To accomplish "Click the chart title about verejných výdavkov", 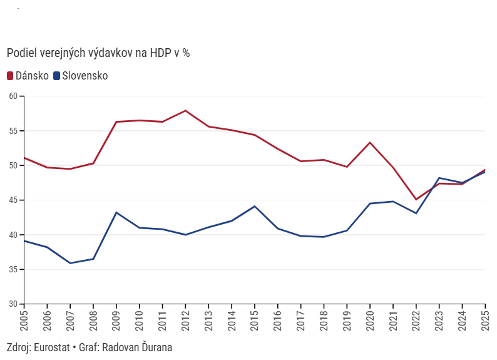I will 98,53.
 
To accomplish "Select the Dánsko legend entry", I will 28,76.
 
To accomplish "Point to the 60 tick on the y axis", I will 14,96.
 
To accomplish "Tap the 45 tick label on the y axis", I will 14,200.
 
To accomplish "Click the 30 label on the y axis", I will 14,304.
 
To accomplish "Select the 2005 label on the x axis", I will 24,321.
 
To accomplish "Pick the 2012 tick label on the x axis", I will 185,321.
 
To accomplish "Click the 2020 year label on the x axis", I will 370,321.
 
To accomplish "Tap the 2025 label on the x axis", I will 485,321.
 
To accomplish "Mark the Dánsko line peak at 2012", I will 185,111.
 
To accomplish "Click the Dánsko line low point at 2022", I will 416,200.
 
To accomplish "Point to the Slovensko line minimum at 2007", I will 70,263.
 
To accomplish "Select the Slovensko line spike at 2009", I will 116,212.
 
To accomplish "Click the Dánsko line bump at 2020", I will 370,143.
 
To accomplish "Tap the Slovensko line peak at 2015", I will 255,206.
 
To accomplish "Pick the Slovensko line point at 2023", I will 439,178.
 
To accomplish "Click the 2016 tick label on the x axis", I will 278,321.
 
